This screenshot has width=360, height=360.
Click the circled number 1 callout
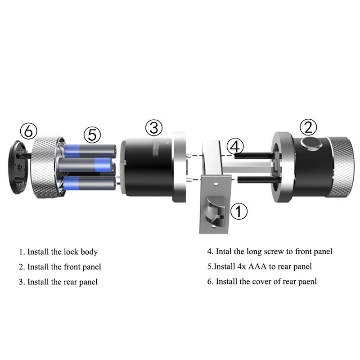coord(239,211)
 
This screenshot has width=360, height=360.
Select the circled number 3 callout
coord(153,128)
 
